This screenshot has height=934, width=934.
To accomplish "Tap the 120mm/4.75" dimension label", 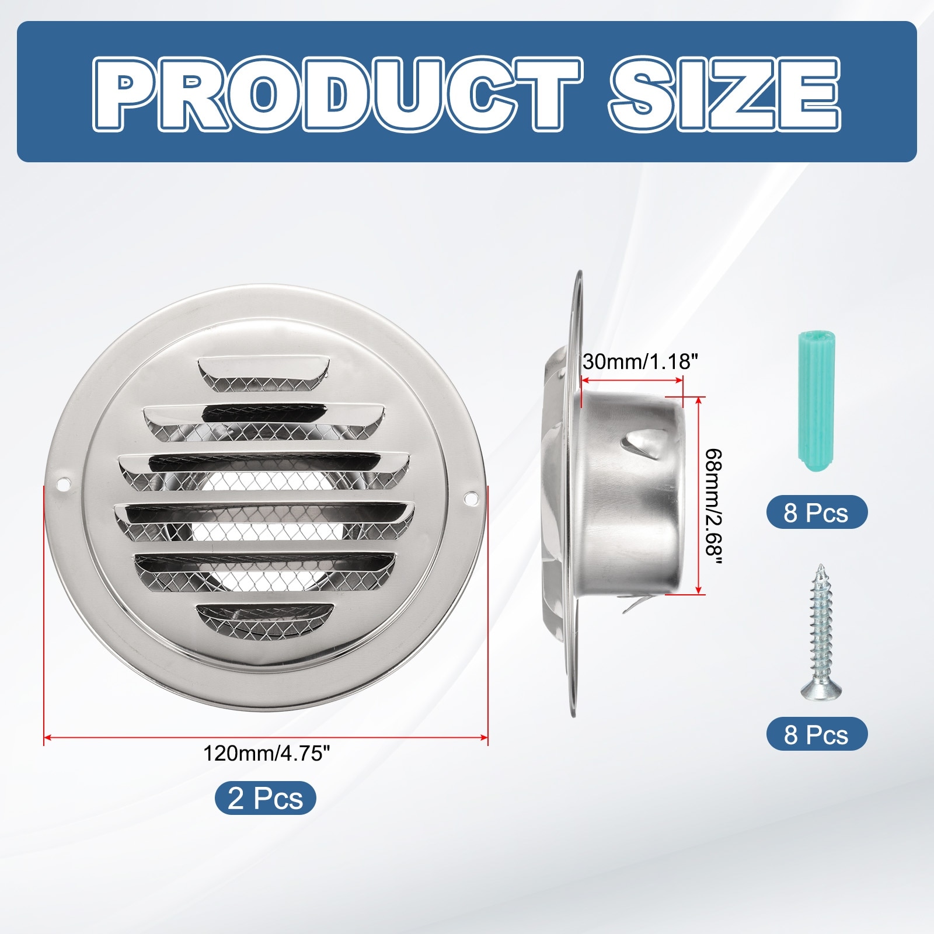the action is tap(267, 754).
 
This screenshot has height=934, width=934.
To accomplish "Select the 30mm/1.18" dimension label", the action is tap(640, 361).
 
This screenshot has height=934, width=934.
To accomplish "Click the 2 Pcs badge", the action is tap(266, 798).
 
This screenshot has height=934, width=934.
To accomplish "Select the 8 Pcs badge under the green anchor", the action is tap(817, 512).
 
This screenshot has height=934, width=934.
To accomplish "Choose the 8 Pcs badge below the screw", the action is tap(817, 734).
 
